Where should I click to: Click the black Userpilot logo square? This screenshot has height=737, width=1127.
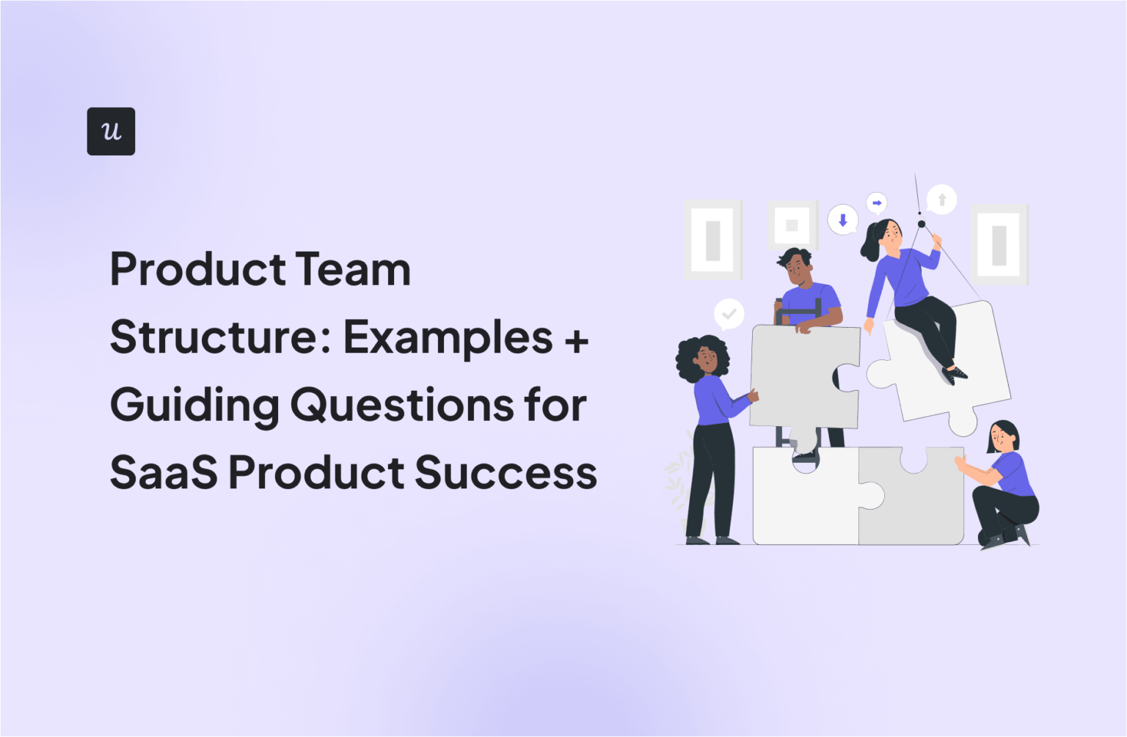[x=111, y=131]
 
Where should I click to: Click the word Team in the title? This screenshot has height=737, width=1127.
[x=353, y=269]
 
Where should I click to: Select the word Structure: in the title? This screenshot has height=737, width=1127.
[x=218, y=337]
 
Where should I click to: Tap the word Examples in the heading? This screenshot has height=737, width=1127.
[x=448, y=337]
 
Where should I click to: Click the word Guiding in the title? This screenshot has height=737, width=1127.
[x=194, y=405]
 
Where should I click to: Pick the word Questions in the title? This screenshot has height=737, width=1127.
[x=402, y=405]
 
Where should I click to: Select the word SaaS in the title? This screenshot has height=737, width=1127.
[x=164, y=472]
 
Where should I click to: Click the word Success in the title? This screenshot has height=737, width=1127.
[x=506, y=472]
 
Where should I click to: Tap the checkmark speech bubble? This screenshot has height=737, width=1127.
[x=729, y=314]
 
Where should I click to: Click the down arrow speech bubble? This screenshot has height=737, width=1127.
[x=842, y=219]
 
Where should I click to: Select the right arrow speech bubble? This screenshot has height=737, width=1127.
[x=877, y=202]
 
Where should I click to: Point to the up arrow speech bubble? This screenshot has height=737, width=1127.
[x=941, y=199]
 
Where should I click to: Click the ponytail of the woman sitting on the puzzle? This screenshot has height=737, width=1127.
[x=870, y=243]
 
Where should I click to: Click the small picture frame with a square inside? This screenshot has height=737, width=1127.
[x=792, y=225]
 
